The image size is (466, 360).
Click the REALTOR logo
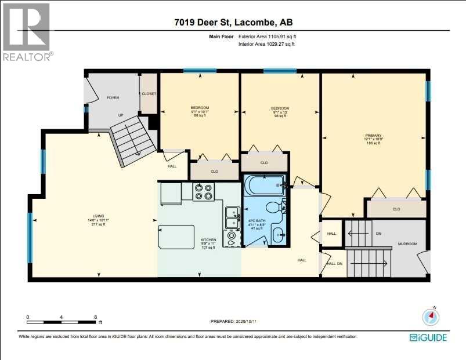(x=27, y=32)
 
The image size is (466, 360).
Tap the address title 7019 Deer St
(x=233, y=23)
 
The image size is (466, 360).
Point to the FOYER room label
(x=113, y=97)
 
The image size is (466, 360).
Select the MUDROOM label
(x=407, y=244)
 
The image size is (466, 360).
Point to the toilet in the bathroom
(x=273, y=207)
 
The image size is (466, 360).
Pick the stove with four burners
(x=204, y=191)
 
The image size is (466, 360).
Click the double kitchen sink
(x=232, y=218)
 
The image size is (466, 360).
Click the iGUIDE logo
(x=430, y=337)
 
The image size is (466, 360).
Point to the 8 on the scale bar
(x=95, y=317)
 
